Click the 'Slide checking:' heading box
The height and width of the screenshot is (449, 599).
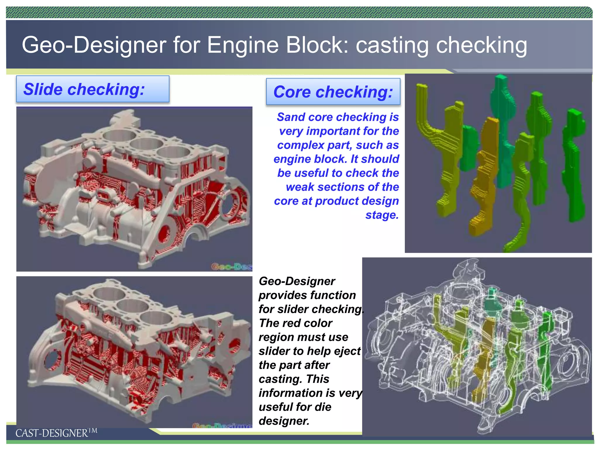92,89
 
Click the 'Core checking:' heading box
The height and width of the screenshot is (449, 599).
333,92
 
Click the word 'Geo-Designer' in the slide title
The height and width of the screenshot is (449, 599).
94,45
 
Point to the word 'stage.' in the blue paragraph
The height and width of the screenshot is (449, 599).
382,215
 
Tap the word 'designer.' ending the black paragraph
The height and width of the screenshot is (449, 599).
284,421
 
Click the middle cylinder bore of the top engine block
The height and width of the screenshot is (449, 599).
146,143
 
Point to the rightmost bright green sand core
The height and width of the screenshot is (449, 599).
575,164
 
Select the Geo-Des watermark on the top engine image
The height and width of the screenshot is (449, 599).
231,267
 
